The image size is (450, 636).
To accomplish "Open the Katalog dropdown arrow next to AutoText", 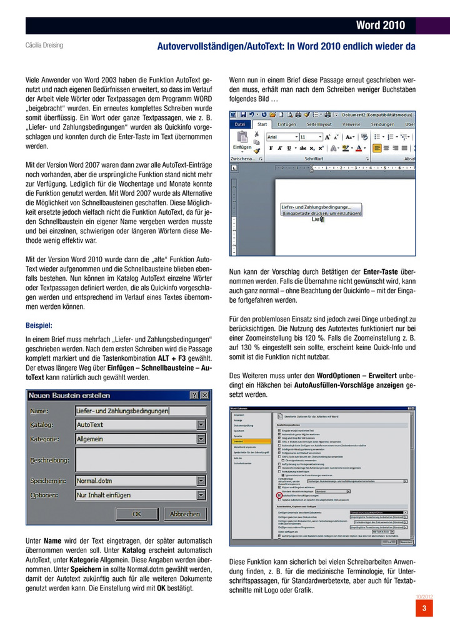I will pyautogui.click(x=201, y=424).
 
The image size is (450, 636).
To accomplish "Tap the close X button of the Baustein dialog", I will pyautogui.click(x=203, y=395).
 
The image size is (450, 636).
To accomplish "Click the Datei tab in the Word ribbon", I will pyautogui.click(x=240, y=124).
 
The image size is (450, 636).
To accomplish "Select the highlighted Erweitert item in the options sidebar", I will pyautogui.click(x=240, y=441).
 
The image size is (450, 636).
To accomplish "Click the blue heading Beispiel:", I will pyautogui.click(x=39, y=325).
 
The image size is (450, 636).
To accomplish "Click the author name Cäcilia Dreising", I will pyautogui.click(x=44, y=46).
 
